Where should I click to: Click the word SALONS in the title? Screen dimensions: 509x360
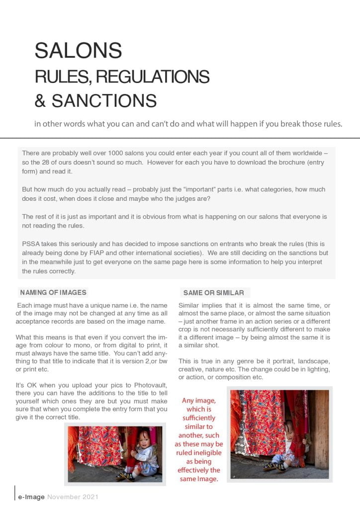[x=78, y=51]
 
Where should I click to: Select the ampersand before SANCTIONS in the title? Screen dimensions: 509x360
[x=40, y=101]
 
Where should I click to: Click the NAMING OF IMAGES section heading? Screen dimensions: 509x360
[x=53, y=292]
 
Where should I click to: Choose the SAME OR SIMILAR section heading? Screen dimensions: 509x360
[x=213, y=293]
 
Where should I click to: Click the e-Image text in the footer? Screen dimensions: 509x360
[x=31, y=497]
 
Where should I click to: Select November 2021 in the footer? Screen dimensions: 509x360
[x=73, y=497]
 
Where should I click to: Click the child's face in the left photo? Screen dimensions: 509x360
[x=134, y=441]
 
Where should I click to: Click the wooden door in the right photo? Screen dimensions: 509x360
[x=320, y=427]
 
